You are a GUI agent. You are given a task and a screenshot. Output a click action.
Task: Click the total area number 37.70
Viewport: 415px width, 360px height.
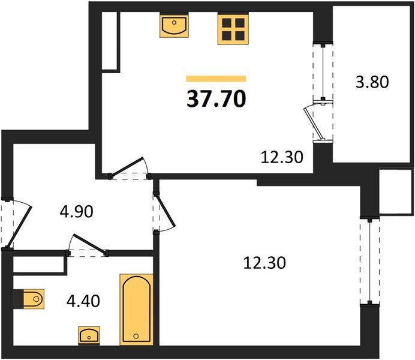click(216, 99)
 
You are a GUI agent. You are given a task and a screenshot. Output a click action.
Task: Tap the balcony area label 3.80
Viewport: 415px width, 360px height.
click(372, 82)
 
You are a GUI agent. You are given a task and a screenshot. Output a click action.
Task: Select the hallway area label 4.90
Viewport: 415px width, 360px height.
click(77, 212)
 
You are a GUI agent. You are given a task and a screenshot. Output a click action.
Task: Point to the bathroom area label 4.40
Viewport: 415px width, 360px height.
click(83, 301)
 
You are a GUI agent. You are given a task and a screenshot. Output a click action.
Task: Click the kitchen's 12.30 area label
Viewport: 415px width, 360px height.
click(282, 157)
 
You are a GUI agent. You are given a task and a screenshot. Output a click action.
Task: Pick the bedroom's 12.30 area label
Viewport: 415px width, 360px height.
click(264, 263)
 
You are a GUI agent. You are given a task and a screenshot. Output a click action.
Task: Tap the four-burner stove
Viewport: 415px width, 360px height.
click(233, 29)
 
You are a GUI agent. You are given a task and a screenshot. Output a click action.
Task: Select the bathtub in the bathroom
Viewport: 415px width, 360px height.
click(136, 310)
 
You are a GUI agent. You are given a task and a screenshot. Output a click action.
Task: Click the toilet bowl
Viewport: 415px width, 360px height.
click(34, 299)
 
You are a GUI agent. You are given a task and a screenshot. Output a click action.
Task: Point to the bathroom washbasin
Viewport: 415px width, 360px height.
click(89, 335)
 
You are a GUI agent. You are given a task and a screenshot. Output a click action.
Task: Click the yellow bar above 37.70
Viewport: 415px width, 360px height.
click(216, 79)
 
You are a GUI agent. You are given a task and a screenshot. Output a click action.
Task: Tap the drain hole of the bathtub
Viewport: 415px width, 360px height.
click(136, 336)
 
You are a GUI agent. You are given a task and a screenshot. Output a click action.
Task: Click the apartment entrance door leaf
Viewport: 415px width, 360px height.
click(19, 227)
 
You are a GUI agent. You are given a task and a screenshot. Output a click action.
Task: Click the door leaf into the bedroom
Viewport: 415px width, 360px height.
click(166, 211)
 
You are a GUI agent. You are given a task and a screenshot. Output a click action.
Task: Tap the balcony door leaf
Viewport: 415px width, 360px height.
click(314, 123)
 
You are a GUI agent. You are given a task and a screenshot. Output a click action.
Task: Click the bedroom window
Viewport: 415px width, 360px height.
click(370, 261)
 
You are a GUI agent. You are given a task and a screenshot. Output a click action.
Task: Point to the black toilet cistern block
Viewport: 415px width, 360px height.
click(18, 299)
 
